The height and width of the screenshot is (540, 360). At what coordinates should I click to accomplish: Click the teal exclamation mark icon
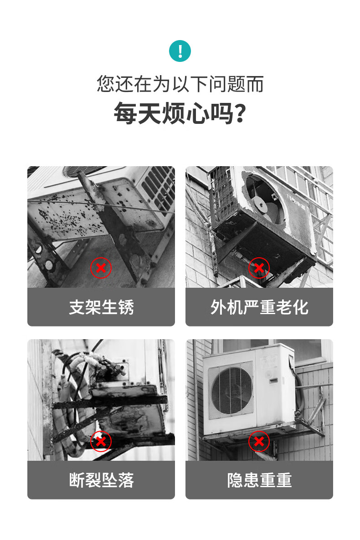coord(180,51)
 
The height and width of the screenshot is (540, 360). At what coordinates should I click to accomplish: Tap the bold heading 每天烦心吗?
coord(180,113)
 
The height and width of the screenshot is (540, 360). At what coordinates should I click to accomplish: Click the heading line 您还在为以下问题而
coord(180,84)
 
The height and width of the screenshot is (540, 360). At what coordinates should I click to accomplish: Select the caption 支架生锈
coord(101,307)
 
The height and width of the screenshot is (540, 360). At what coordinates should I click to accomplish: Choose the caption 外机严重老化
coord(259,307)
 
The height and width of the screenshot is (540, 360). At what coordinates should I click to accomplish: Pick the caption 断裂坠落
coord(101,480)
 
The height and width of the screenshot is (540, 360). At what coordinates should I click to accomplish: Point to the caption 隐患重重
coord(259,480)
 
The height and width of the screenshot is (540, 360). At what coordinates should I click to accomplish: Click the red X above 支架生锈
coord(101,268)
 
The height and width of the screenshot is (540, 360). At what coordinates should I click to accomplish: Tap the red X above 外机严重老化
coord(259,268)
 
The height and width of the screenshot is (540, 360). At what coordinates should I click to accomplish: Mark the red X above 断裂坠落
coord(101,441)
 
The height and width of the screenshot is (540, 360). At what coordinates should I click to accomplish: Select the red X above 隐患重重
coord(259,441)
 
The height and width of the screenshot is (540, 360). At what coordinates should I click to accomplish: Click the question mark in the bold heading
coord(240,113)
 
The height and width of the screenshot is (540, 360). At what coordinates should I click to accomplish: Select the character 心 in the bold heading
coord(197,113)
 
